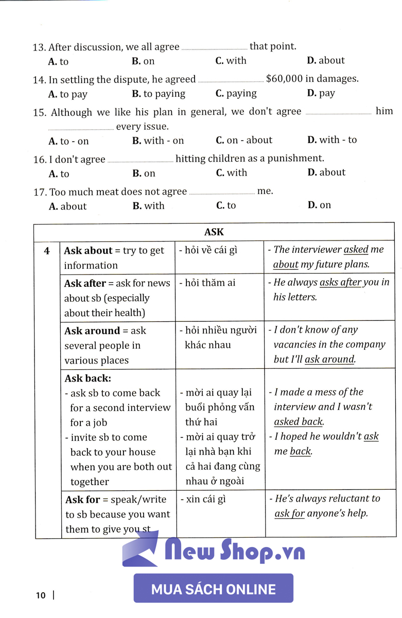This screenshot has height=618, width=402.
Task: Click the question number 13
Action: (39, 47)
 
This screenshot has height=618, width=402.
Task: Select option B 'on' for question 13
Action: (143, 61)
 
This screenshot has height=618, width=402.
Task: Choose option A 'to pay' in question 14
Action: (68, 94)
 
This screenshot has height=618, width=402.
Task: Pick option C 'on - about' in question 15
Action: (244, 140)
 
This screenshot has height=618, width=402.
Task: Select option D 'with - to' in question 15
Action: (332, 140)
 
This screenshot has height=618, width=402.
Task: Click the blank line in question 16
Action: (140, 161)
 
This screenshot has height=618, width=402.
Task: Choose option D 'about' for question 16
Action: (326, 173)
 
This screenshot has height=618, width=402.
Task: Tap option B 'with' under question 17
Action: (148, 206)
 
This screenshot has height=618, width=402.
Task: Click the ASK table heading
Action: (214, 232)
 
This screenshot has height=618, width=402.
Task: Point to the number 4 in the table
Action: (47, 251)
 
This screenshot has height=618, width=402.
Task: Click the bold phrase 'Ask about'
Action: (88, 251)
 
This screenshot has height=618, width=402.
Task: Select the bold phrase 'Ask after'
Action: (85, 283)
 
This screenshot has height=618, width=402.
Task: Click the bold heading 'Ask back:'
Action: (88, 378)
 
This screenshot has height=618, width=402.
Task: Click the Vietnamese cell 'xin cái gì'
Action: (205, 499)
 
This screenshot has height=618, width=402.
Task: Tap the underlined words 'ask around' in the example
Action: (329, 359)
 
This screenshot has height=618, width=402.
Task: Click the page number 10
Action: (41, 596)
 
